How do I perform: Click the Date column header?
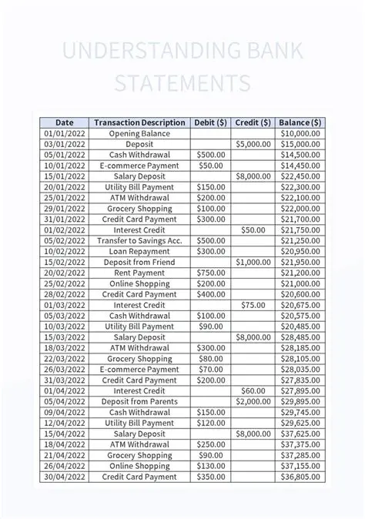pyautogui.click(x=65, y=122)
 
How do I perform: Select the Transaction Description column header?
pyautogui.click(x=139, y=122)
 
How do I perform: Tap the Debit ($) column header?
pyautogui.click(x=210, y=122)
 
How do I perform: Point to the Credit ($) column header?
pyautogui.click(x=253, y=122)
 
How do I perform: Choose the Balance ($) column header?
pyautogui.click(x=300, y=122)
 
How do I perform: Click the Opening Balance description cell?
pyautogui.click(x=139, y=133)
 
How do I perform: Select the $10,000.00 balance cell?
pyautogui.click(x=300, y=133)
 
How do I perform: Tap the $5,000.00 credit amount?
pyautogui.click(x=253, y=144)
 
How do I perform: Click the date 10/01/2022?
pyautogui.click(x=65, y=166)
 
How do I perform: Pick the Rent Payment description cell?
pyautogui.click(x=139, y=273)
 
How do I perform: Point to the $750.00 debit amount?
pyautogui.click(x=210, y=273)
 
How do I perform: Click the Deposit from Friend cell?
pyautogui.click(x=139, y=262)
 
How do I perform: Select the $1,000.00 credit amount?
pyautogui.click(x=253, y=262)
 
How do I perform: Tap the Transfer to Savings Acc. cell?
pyautogui.click(x=139, y=240)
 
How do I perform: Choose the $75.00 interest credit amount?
pyautogui.click(x=253, y=305)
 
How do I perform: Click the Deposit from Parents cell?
pyautogui.click(x=139, y=401)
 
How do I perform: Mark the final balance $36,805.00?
pyautogui.click(x=300, y=477)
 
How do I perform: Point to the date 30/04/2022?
pyautogui.click(x=65, y=477)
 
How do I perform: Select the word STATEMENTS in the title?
pyautogui.click(x=182, y=83)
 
